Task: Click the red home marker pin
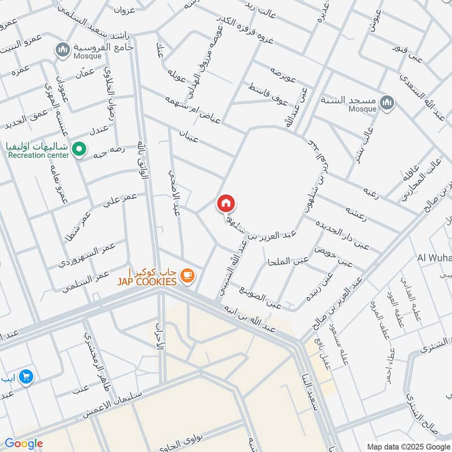click(x=226, y=203)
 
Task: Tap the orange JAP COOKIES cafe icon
click(x=188, y=276)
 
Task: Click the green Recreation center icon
click(x=80, y=150)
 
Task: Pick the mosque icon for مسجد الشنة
click(x=386, y=102)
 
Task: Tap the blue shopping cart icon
click(x=25, y=376)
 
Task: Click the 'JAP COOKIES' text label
click(x=147, y=281)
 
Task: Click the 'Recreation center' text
click(x=38, y=155)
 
